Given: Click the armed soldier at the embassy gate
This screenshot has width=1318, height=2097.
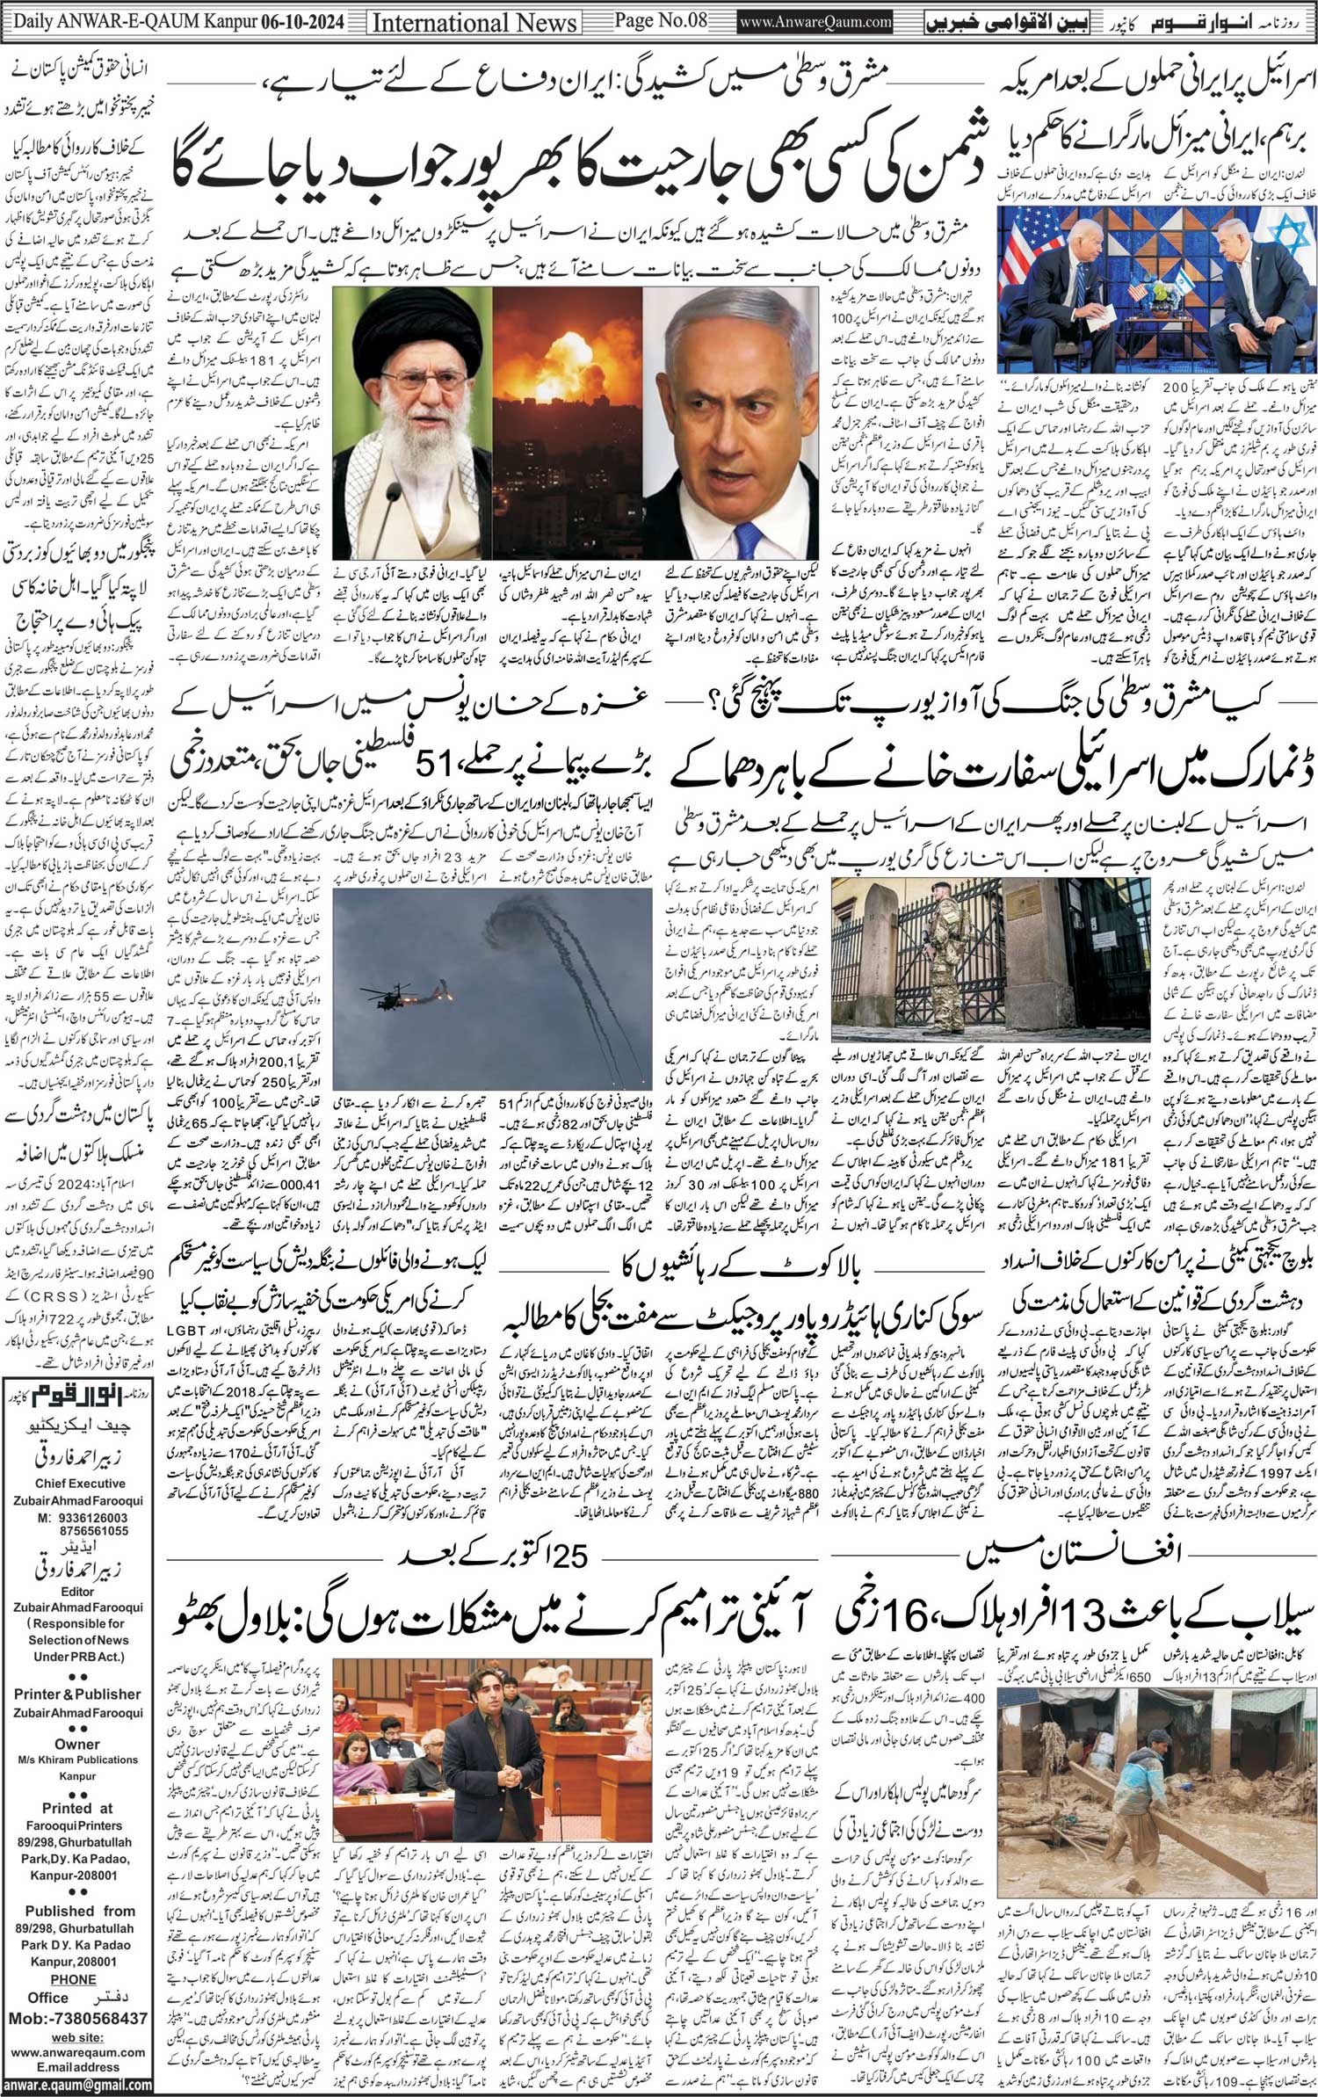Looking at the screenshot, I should tap(944, 976).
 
